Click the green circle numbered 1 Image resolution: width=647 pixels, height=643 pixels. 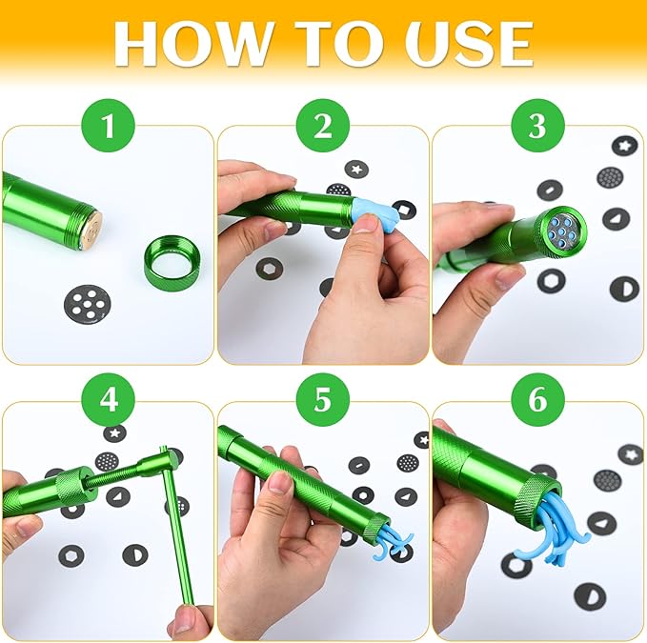pyautogui.click(x=109, y=126)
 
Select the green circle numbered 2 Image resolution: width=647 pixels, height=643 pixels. pyautogui.click(x=323, y=126)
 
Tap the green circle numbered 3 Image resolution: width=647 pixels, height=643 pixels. pyautogui.click(x=537, y=126)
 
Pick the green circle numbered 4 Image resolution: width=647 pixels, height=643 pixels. pyautogui.click(x=109, y=400)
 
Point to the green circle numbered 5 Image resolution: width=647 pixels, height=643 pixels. pyautogui.click(x=323, y=400)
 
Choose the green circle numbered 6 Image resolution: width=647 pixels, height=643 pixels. pyautogui.click(x=537, y=400)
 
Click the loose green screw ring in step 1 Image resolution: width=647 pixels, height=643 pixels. pyautogui.click(x=172, y=258)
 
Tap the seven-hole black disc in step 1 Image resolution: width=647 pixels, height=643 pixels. pyautogui.click(x=88, y=302)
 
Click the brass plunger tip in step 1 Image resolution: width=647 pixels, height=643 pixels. pyautogui.click(x=92, y=228)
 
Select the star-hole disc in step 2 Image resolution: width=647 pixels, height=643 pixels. pyautogui.click(x=356, y=169)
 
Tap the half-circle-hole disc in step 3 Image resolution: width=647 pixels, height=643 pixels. pyautogui.click(x=623, y=290)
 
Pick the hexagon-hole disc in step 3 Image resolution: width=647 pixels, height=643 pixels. pyautogui.click(x=552, y=282)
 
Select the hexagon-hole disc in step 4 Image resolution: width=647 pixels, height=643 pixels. pyautogui.click(x=71, y=555)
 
